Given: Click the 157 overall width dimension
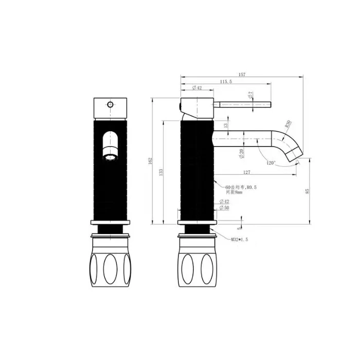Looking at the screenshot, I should coord(242,75).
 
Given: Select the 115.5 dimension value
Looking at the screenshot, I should coord(226,81).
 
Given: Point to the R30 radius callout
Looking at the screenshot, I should coord(287,124).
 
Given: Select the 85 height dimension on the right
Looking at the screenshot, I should coord(308,191).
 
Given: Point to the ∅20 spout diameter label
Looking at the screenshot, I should coord(242,153).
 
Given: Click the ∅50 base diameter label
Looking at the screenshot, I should coord(224,208).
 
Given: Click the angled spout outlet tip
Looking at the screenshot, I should coord(296,155).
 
